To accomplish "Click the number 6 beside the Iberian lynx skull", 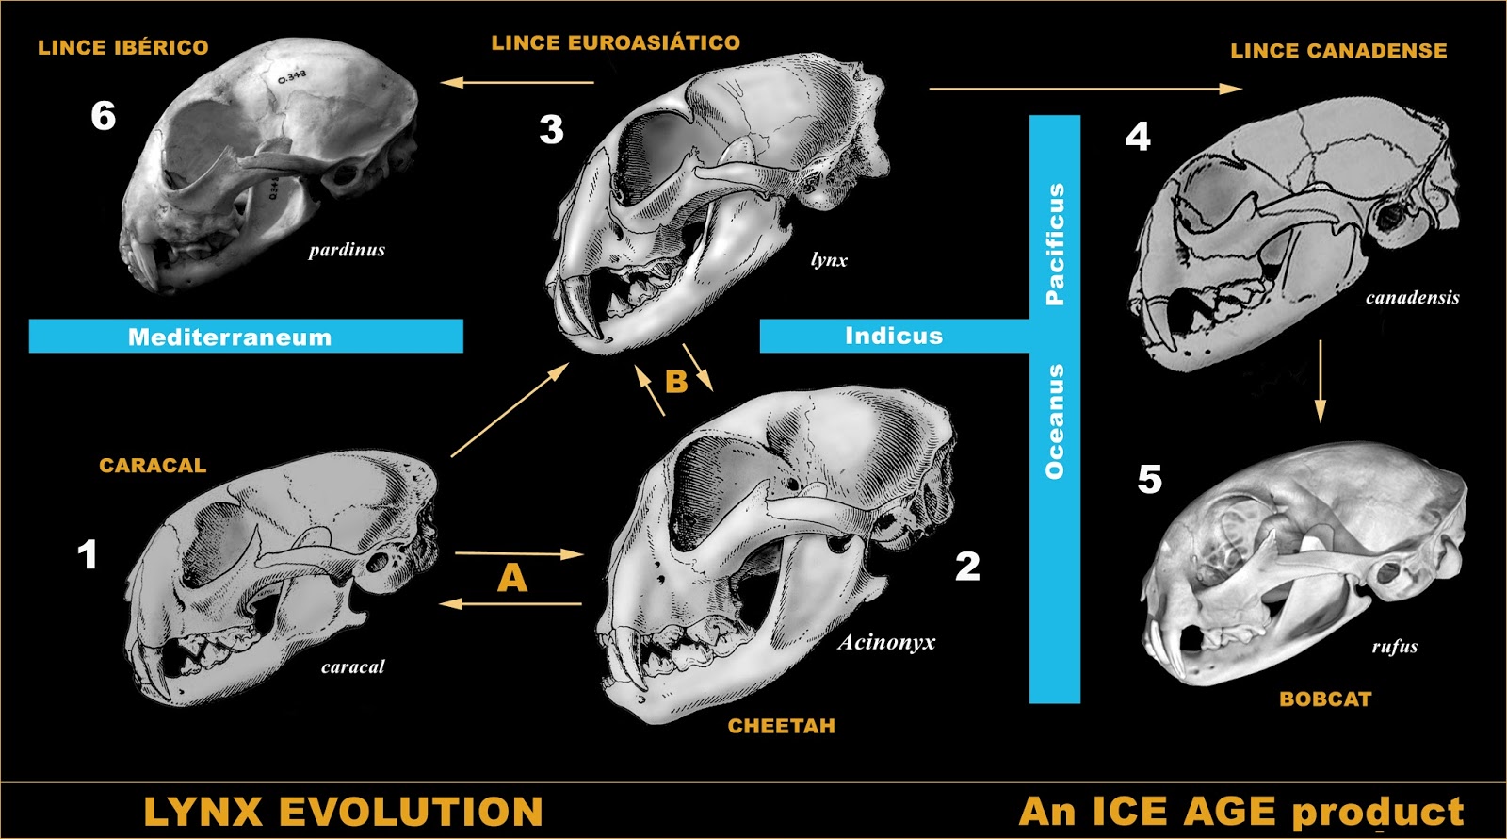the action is pos(104,116).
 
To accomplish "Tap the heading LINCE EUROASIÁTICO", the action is pos(615,42).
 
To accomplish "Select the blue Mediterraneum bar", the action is pos(245,337).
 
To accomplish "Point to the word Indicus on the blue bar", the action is pos(893,336).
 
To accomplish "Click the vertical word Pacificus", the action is pos(1055,243).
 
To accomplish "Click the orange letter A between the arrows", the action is pos(511,578).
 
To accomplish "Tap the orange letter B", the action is pos(675,381).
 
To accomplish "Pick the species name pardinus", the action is pos(347,250).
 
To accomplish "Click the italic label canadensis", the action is pos(1412,298).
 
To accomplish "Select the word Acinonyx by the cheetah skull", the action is pos(886,642).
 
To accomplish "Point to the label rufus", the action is pos(1394,646).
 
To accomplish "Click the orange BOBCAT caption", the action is pos(1324,699).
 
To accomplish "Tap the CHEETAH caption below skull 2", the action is pos(781,726).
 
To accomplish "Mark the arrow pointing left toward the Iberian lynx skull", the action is pos(517,82).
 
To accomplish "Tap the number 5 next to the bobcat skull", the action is pos(1149,479).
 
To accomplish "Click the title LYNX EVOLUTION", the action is pos(343,812).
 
